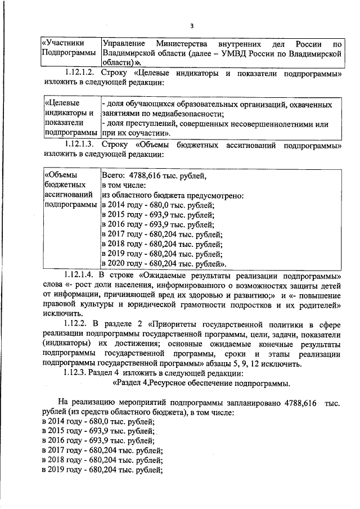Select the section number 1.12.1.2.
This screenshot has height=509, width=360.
click(x=81, y=73)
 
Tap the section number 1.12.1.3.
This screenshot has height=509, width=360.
click(x=81, y=146)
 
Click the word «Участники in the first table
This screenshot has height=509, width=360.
click(x=64, y=43)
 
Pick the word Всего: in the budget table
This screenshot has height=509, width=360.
click(x=114, y=175)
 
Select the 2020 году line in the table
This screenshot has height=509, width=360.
click(x=164, y=263)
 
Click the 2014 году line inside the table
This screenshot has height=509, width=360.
click(x=157, y=205)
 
